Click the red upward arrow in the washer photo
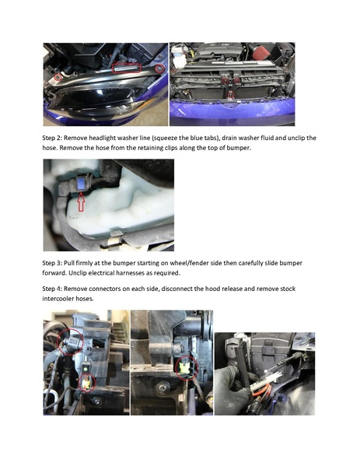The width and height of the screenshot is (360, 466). (82, 203)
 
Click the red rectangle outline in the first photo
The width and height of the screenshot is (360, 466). (126, 68)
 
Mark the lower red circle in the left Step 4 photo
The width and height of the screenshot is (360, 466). (83, 380)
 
